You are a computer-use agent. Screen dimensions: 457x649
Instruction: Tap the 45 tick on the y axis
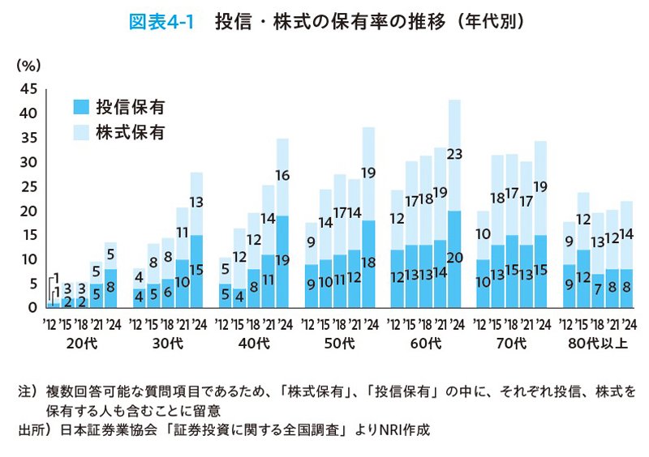tap(28, 88)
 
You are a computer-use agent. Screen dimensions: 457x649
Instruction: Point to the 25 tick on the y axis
tap(28, 186)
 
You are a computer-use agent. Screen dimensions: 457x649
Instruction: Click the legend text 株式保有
tap(130, 130)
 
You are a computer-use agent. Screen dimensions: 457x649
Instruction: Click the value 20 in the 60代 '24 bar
tap(454, 257)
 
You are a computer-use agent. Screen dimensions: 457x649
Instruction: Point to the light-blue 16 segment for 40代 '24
tap(282, 175)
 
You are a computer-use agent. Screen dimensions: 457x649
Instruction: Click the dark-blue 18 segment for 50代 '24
tap(368, 263)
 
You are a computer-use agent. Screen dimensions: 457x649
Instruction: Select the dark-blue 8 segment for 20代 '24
tap(111, 288)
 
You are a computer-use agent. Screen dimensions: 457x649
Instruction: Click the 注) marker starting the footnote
tap(28, 392)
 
